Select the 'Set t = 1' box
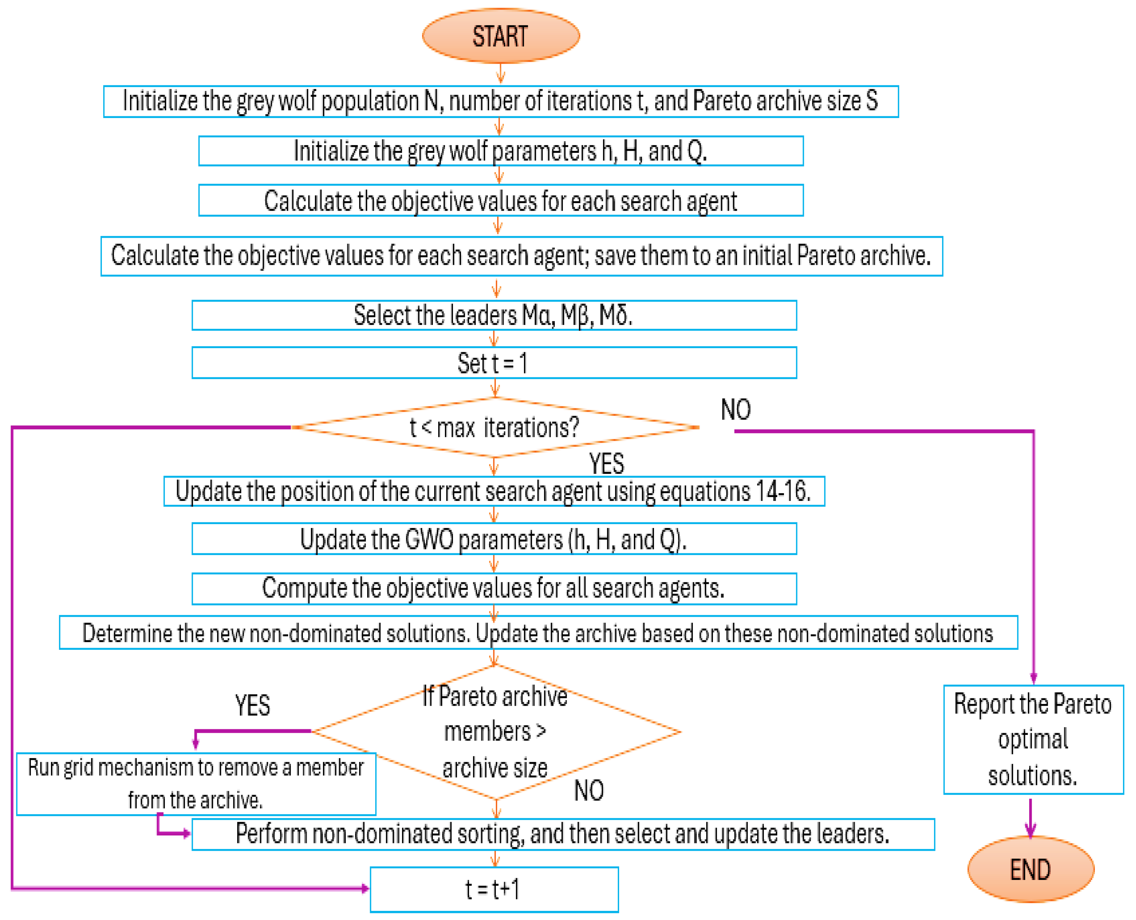click(494, 363)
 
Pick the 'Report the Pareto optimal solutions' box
click(1033, 740)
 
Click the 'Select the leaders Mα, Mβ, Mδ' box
click(494, 315)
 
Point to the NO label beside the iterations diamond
click(735, 410)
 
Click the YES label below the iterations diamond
click(606, 464)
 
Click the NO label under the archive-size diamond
click(589, 791)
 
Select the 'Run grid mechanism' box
click(196, 784)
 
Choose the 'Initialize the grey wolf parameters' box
click(500, 151)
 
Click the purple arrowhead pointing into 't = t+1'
click(365, 888)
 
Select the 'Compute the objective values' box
click(494, 588)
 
